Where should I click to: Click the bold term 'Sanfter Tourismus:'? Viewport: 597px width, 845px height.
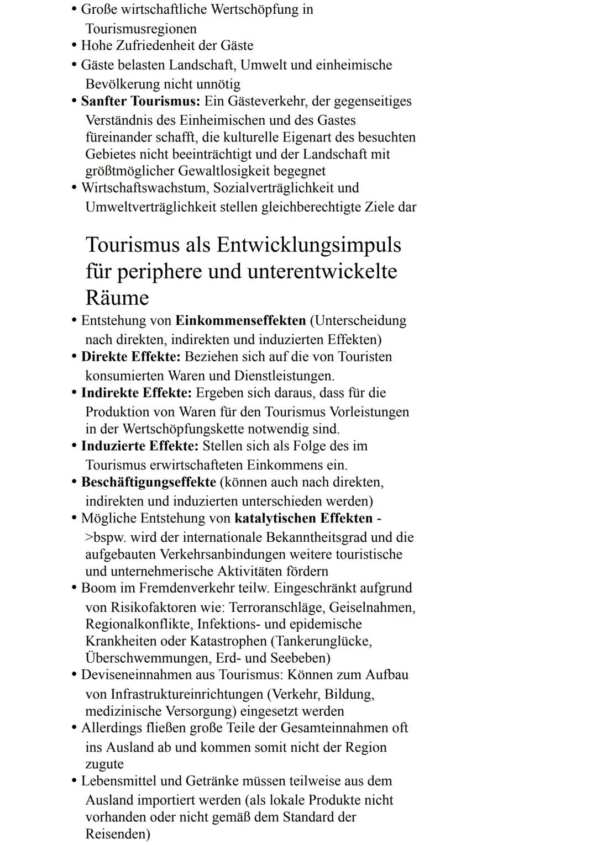140,101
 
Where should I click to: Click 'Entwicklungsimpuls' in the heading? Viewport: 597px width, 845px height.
308,245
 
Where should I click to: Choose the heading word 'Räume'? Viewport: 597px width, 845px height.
117,298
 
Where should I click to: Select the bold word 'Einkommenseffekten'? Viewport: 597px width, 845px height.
240,320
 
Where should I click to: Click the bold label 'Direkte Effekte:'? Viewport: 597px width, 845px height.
130,357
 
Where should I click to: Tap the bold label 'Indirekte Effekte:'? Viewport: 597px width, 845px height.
136,393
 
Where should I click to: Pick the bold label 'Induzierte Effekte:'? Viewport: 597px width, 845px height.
139,446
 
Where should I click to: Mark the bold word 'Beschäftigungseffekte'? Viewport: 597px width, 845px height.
148,482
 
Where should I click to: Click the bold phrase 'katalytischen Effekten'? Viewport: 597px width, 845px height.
303,519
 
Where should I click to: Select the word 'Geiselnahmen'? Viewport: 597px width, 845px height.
372,608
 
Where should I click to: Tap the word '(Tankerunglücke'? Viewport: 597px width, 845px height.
321,641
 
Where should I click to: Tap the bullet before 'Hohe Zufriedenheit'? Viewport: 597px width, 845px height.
74,46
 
